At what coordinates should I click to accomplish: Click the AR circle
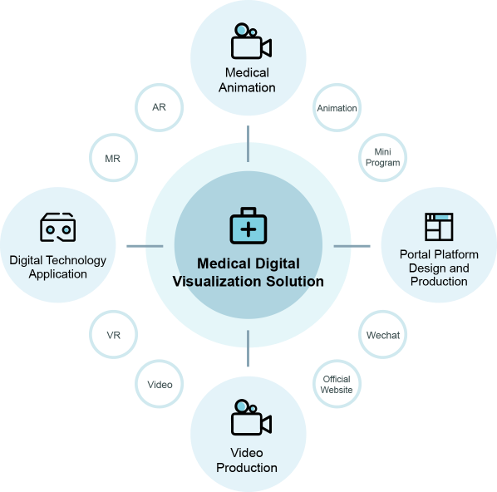click(x=159, y=107)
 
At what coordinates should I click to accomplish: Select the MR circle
click(x=114, y=158)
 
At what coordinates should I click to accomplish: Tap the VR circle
click(x=114, y=334)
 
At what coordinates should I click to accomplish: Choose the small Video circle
click(x=159, y=384)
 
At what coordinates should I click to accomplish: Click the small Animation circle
click(x=337, y=107)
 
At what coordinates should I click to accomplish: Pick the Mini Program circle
click(x=382, y=158)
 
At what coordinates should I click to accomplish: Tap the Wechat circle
click(x=382, y=334)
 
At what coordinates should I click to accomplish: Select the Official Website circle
click(x=337, y=384)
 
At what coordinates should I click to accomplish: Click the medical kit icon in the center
click(x=248, y=225)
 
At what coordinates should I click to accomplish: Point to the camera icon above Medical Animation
click(x=251, y=41)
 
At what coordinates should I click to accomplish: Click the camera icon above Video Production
click(x=251, y=417)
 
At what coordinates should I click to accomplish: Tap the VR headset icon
click(x=57, y=227)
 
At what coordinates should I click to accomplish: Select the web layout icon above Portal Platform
click(x=439, y=227)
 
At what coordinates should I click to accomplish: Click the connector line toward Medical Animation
click(x=248, y=144)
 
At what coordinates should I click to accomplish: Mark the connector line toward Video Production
click(x=248, y=348)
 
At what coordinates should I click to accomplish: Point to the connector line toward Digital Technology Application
click(x=145, y=246)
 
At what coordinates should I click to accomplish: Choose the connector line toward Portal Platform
click(x=352, y=246)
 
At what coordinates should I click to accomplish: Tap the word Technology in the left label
click(x=76, y=261)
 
